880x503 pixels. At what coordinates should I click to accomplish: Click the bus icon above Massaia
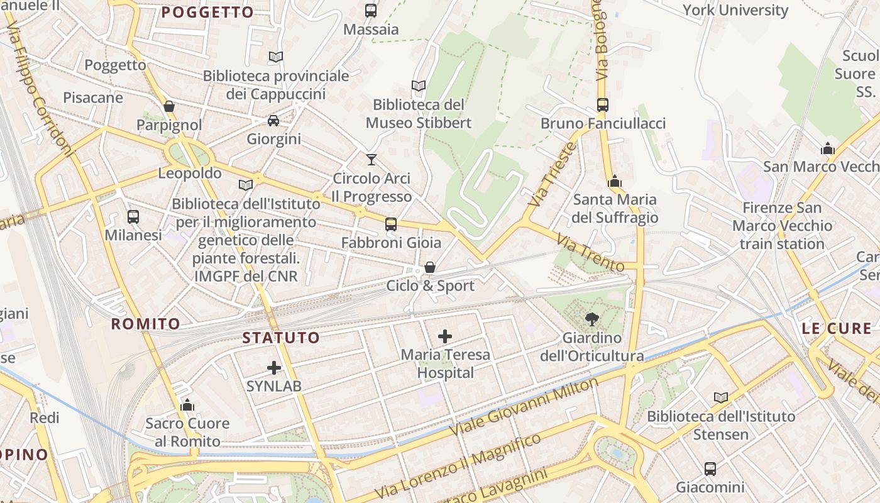371,11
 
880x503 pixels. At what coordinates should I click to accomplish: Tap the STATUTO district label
281,338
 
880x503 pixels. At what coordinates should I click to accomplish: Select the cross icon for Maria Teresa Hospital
445,336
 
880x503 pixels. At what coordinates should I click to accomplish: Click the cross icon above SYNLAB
274,368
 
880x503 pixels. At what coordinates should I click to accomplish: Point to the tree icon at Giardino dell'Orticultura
591,319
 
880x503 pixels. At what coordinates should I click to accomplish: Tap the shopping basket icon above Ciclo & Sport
430,268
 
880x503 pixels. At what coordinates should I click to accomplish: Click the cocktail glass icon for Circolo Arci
371,160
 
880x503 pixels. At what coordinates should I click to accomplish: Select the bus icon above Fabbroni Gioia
391,224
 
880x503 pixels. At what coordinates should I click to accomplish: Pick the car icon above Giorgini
273,121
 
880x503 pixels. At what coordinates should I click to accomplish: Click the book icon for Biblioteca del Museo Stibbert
418,86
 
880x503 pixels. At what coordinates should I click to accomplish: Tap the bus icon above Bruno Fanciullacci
603,105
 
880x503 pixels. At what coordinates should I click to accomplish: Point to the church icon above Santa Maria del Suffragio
615,182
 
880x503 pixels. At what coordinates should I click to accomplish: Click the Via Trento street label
590,252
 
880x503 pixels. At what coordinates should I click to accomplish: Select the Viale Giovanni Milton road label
525,407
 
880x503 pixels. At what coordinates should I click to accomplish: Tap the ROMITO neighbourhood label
145,324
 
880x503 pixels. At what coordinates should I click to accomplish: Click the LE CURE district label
837,328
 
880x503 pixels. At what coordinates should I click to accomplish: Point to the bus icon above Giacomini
710,468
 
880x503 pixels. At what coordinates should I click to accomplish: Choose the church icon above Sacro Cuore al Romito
187,405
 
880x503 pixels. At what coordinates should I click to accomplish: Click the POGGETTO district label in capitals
207,12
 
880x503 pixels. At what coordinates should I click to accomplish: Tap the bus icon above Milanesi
133,217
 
